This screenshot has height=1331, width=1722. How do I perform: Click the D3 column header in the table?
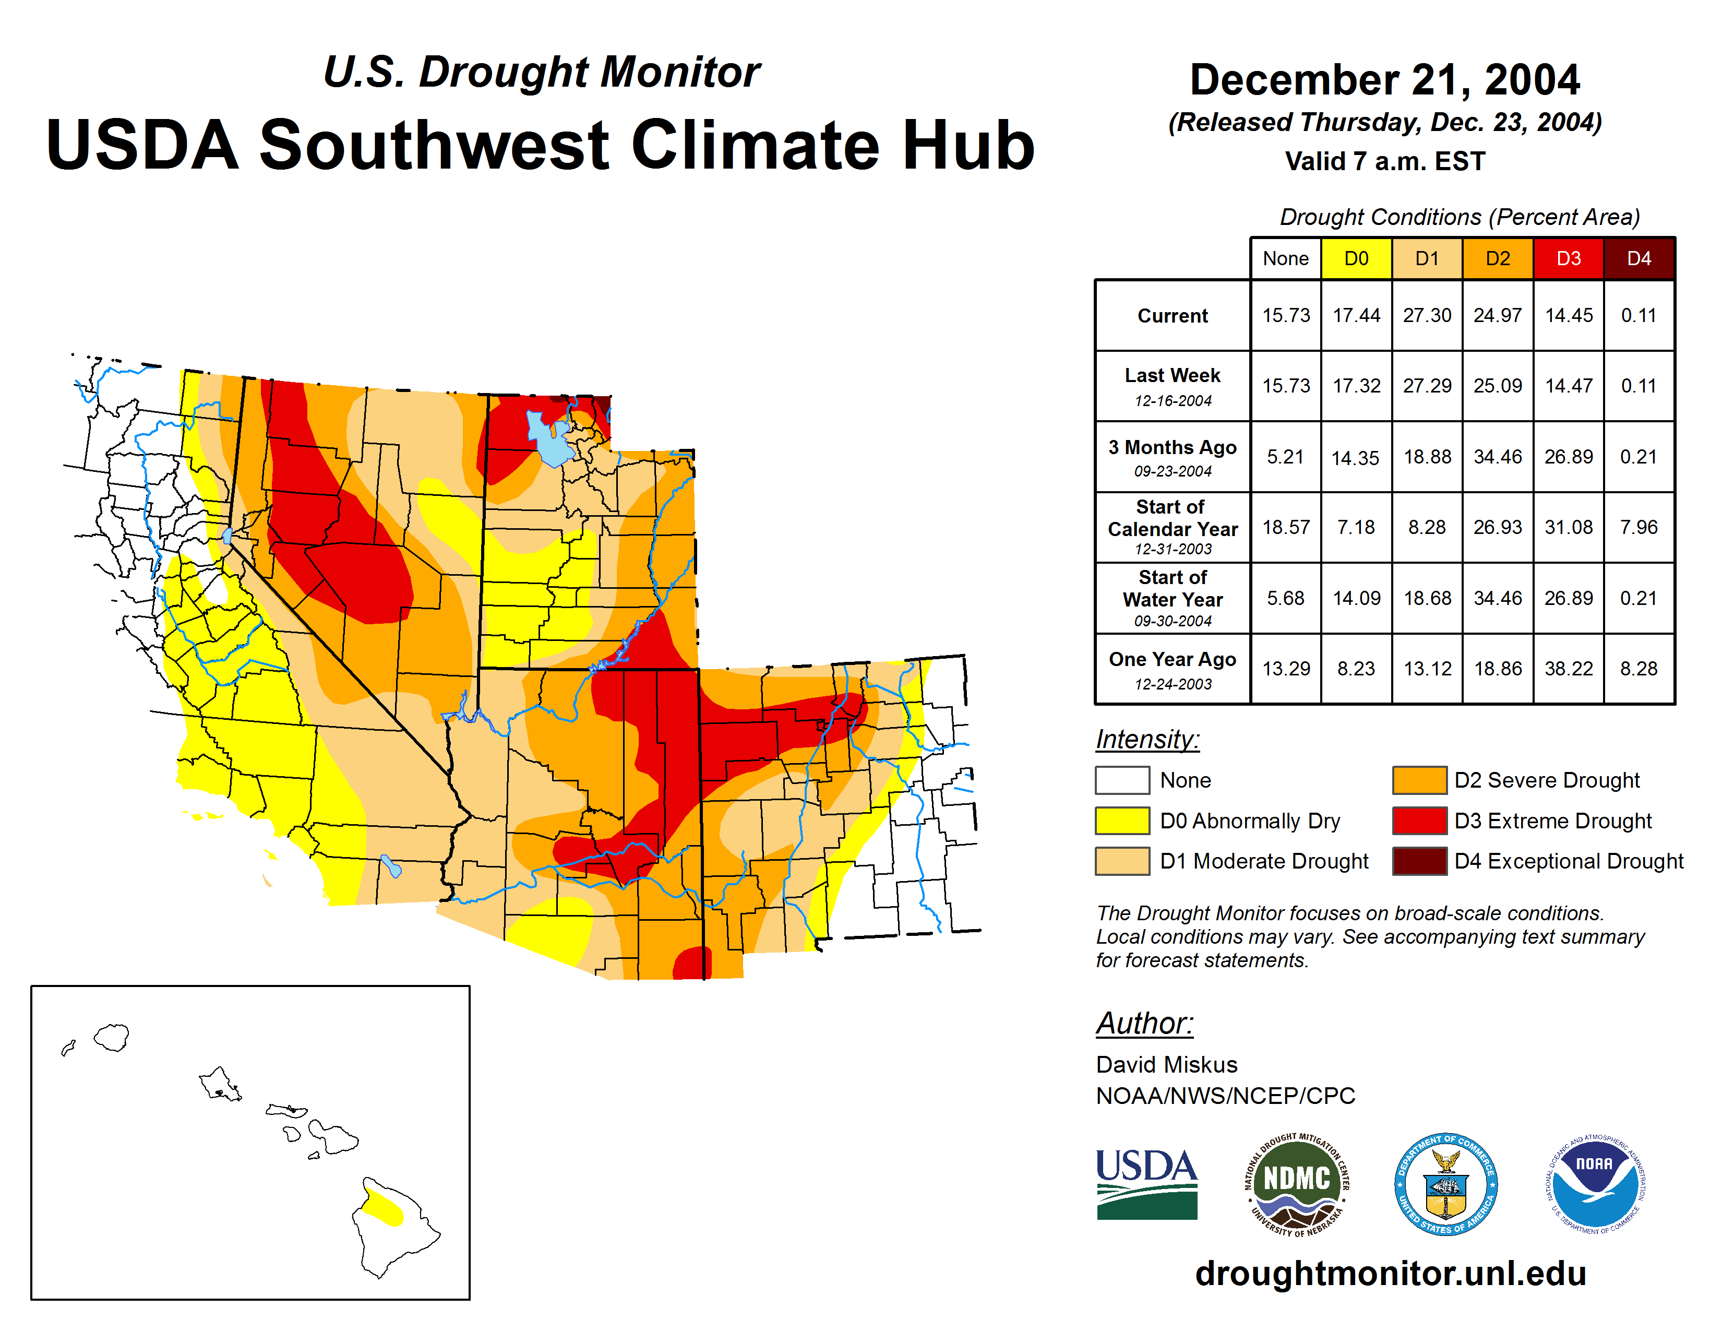point(1568,258)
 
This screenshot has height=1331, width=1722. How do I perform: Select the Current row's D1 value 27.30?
point(1426,315)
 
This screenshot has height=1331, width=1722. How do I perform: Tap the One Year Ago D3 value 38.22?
point(1568,669)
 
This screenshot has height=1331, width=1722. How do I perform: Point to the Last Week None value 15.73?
point(1285,386)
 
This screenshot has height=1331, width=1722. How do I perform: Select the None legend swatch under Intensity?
point(1122,780)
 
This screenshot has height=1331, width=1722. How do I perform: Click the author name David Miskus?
point(1166,1064)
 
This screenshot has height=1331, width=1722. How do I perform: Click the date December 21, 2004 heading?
point(1384,80)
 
